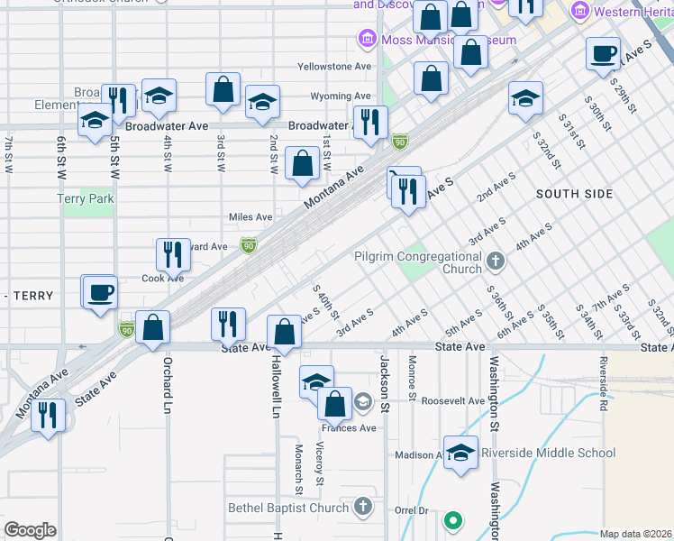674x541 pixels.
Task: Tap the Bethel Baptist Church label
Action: click(x=287, y=508)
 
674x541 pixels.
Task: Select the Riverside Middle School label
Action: click(x=548, y=453)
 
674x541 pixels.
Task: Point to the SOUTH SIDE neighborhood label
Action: click(x=574, y=194)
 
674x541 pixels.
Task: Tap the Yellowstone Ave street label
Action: click(x=334, y=67)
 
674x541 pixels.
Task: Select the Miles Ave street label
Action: click(x=250, y=217)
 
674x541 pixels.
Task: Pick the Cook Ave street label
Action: click(x=162, y=279)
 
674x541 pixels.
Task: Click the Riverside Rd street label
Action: click(x=603, y=379)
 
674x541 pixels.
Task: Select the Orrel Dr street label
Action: click(x=411, y=510)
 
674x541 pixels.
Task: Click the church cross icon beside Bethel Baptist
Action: click(x=362, y=508)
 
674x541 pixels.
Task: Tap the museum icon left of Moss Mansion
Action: click(x=366, y=40)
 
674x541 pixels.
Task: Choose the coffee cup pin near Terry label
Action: click(x=99, y=292)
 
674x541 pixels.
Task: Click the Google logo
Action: click(x=31, y=530)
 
